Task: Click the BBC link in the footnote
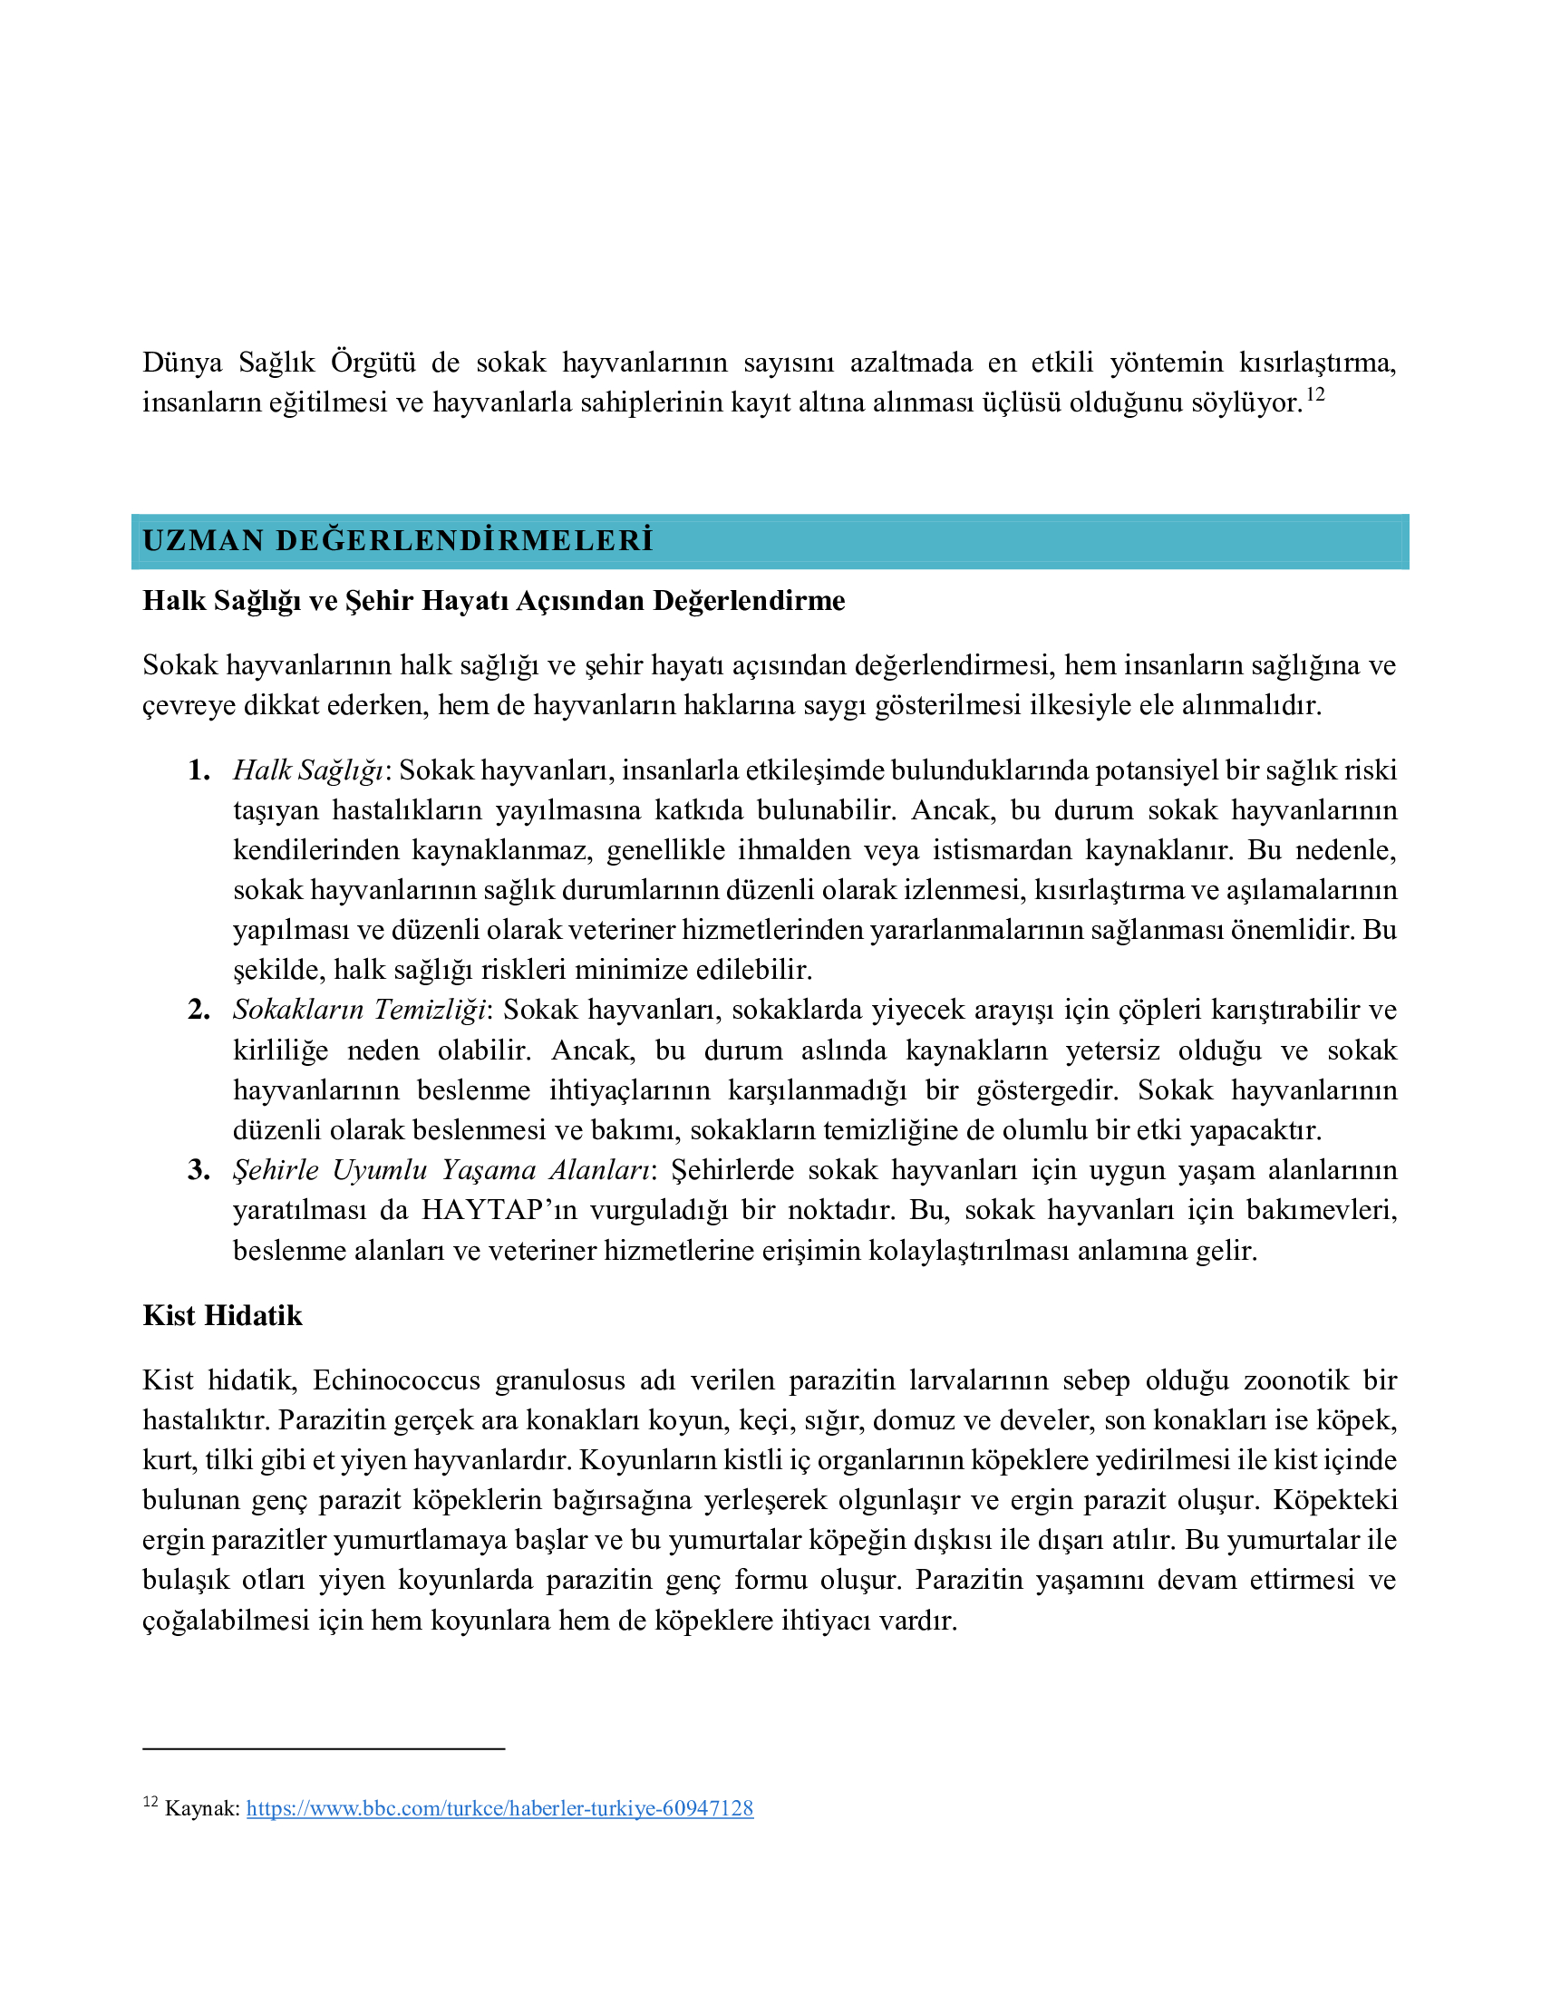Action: tap(499, 1809)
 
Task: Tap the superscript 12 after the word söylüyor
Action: tap(1314, 396)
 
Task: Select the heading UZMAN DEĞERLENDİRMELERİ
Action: tap(398, 540)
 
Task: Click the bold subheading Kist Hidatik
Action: tap(222, 1316)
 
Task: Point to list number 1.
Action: tap(199, 770)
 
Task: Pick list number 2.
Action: tap(199, 1010)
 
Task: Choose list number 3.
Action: tap(199, 1170)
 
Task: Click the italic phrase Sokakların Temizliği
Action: tap(359, 1010)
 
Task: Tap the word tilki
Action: tap(228, 1461)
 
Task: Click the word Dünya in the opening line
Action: tap(182, 363)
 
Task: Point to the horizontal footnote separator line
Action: tap(324, 1748)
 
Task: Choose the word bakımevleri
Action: tap(1320, 1211)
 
